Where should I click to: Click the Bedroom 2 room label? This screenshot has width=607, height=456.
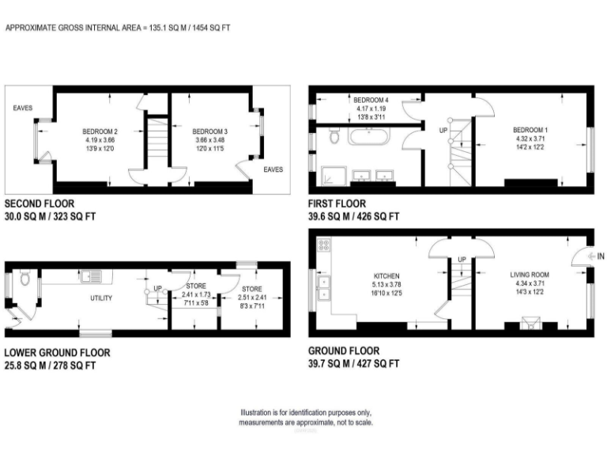click(x=100, y=131)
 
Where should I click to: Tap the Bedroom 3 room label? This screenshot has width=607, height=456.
click(x=209, y=131)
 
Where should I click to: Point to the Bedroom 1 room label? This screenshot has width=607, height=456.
click(x=530, y=129)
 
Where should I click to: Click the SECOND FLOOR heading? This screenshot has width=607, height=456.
click(x=40, y=203)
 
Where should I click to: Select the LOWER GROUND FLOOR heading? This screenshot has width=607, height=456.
click(x=57, y=352)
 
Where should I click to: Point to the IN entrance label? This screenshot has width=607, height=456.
click(x=601, y=256)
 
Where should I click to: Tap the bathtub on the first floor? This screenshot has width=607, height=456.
click(x=370, y=139)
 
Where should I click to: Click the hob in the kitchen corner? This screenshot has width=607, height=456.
click(x=322, y=244)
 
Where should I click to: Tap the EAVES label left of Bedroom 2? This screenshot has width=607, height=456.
click(x=23, y=108)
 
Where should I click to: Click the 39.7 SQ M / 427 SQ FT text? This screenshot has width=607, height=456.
click(x=353, y=363)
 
